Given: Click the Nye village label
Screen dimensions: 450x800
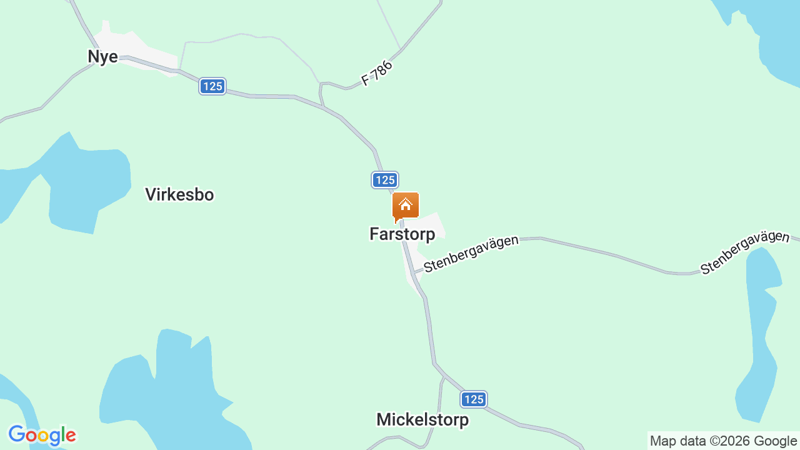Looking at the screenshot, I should (x=102, y=56).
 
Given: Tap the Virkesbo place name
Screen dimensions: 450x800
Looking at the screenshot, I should (x=179, y=194).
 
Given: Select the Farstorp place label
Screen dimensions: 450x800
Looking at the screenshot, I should (x=402, y=234).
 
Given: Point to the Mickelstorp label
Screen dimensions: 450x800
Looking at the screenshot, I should (x=422, y=420).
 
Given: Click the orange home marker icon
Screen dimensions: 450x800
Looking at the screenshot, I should (x=405, y=206).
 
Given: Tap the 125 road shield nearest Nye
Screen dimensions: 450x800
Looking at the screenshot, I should (x=212, y=86).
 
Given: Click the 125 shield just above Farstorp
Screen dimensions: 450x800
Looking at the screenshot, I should (x=384, y=180).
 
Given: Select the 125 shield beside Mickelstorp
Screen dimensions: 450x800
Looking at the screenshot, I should (x=474, y=399).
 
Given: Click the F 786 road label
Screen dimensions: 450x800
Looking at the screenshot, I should (x=377, y=73).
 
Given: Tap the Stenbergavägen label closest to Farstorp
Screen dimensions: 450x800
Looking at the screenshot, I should (x=471, y=253).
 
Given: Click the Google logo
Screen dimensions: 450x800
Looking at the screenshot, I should (x=42, y=435).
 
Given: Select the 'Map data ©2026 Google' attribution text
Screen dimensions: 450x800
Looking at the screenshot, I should (x=723, y=441).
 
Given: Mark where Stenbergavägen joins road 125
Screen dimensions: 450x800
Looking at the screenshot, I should (x=414, y=273).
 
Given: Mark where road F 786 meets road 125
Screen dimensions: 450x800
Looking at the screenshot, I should (x=322, y=107).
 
